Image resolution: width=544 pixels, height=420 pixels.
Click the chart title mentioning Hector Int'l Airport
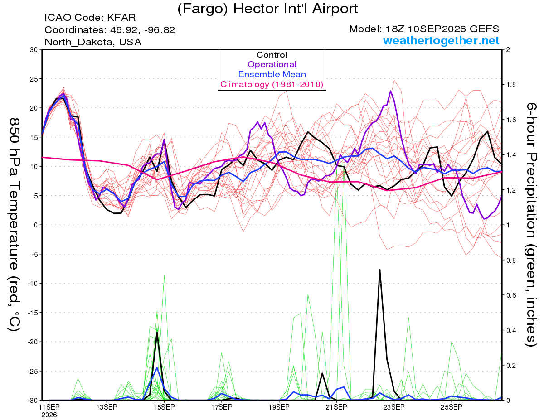coord(267,9)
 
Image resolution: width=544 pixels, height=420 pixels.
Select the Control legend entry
coord(272,55)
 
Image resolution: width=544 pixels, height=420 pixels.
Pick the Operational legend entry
coord(272,64)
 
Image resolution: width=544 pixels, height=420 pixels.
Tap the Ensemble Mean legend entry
coord(272,74)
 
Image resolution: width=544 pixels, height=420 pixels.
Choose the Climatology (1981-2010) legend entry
coord(272,84)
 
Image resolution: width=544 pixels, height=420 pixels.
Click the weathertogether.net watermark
coord(441,40)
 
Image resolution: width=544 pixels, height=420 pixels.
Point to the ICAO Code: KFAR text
coord(90,18)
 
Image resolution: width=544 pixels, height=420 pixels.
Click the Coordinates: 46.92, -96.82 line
coord(110,30)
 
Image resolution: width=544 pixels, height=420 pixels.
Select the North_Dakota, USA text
coord(93,42)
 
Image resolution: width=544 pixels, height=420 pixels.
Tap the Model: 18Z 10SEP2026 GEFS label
coord(424,29)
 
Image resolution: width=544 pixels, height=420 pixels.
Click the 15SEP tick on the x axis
coord(164,407)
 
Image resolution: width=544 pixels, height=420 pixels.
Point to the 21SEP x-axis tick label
coord(336,407)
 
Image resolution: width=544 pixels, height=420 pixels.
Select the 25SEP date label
coord(452,407)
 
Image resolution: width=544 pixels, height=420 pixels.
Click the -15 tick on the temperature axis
coord(33,313)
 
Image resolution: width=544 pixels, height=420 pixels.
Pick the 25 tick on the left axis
coord(34,79)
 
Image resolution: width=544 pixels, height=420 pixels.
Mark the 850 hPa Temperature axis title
coord(14,225)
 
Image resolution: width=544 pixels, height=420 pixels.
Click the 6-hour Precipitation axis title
coord(531,224)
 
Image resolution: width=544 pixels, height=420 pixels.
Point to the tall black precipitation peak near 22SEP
coord(380,270)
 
